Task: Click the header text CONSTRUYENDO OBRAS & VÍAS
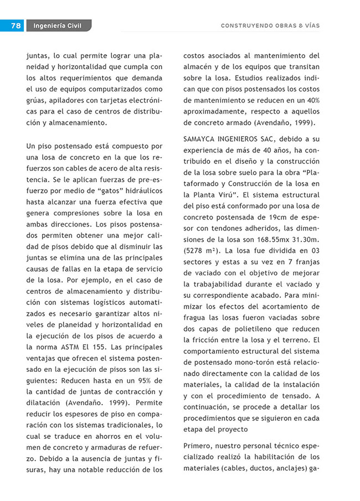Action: click(270, 25)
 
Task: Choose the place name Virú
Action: click(227, 195)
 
